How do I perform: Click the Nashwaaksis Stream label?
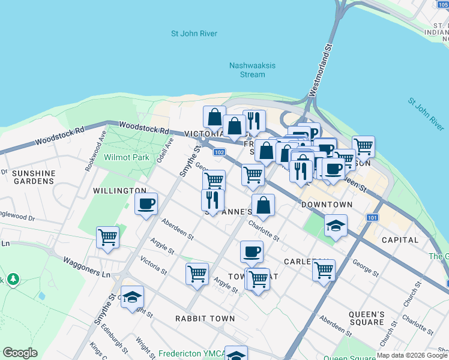point(247,70)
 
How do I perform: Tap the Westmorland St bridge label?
point(320,70)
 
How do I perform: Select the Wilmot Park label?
point(126,157)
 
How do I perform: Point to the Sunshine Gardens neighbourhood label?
point(34,177)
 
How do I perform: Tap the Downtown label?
point(327,205)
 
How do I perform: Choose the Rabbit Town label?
point(205,318)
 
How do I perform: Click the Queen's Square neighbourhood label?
point(367,318)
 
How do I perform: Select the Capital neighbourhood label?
point(400,240)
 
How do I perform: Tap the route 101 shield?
point(372,218)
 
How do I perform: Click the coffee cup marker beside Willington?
point(146,204)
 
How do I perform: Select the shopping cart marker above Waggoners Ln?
point(108,237)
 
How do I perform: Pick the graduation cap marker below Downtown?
point(336,226)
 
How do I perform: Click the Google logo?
point(20,353)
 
